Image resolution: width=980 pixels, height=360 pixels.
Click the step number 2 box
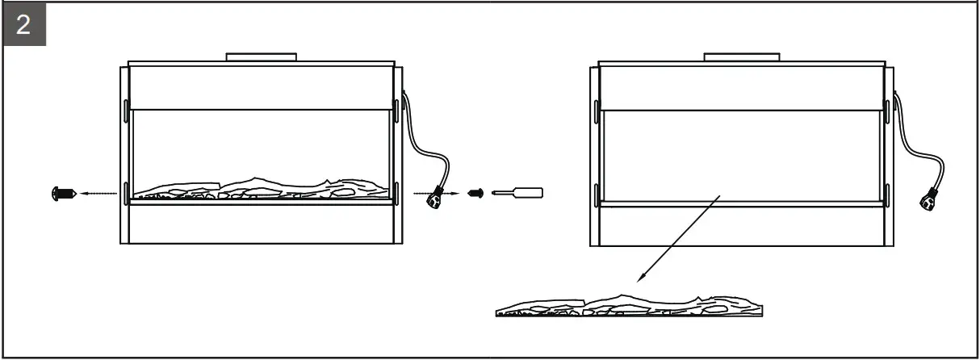tap(23, 25)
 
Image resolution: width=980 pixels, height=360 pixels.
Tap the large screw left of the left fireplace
tap(63, 194)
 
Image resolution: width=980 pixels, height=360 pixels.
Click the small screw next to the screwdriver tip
tap(475, 194)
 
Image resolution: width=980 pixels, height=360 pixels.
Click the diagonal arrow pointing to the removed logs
tap(678, 237)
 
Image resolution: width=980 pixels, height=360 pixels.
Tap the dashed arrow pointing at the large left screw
tap(98, 194)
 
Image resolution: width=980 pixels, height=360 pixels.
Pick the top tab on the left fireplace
tap(262, 57)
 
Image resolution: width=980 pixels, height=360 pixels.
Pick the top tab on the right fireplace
tap(742, 57)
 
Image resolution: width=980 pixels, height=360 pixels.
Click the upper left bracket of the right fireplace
tap(597, 110)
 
